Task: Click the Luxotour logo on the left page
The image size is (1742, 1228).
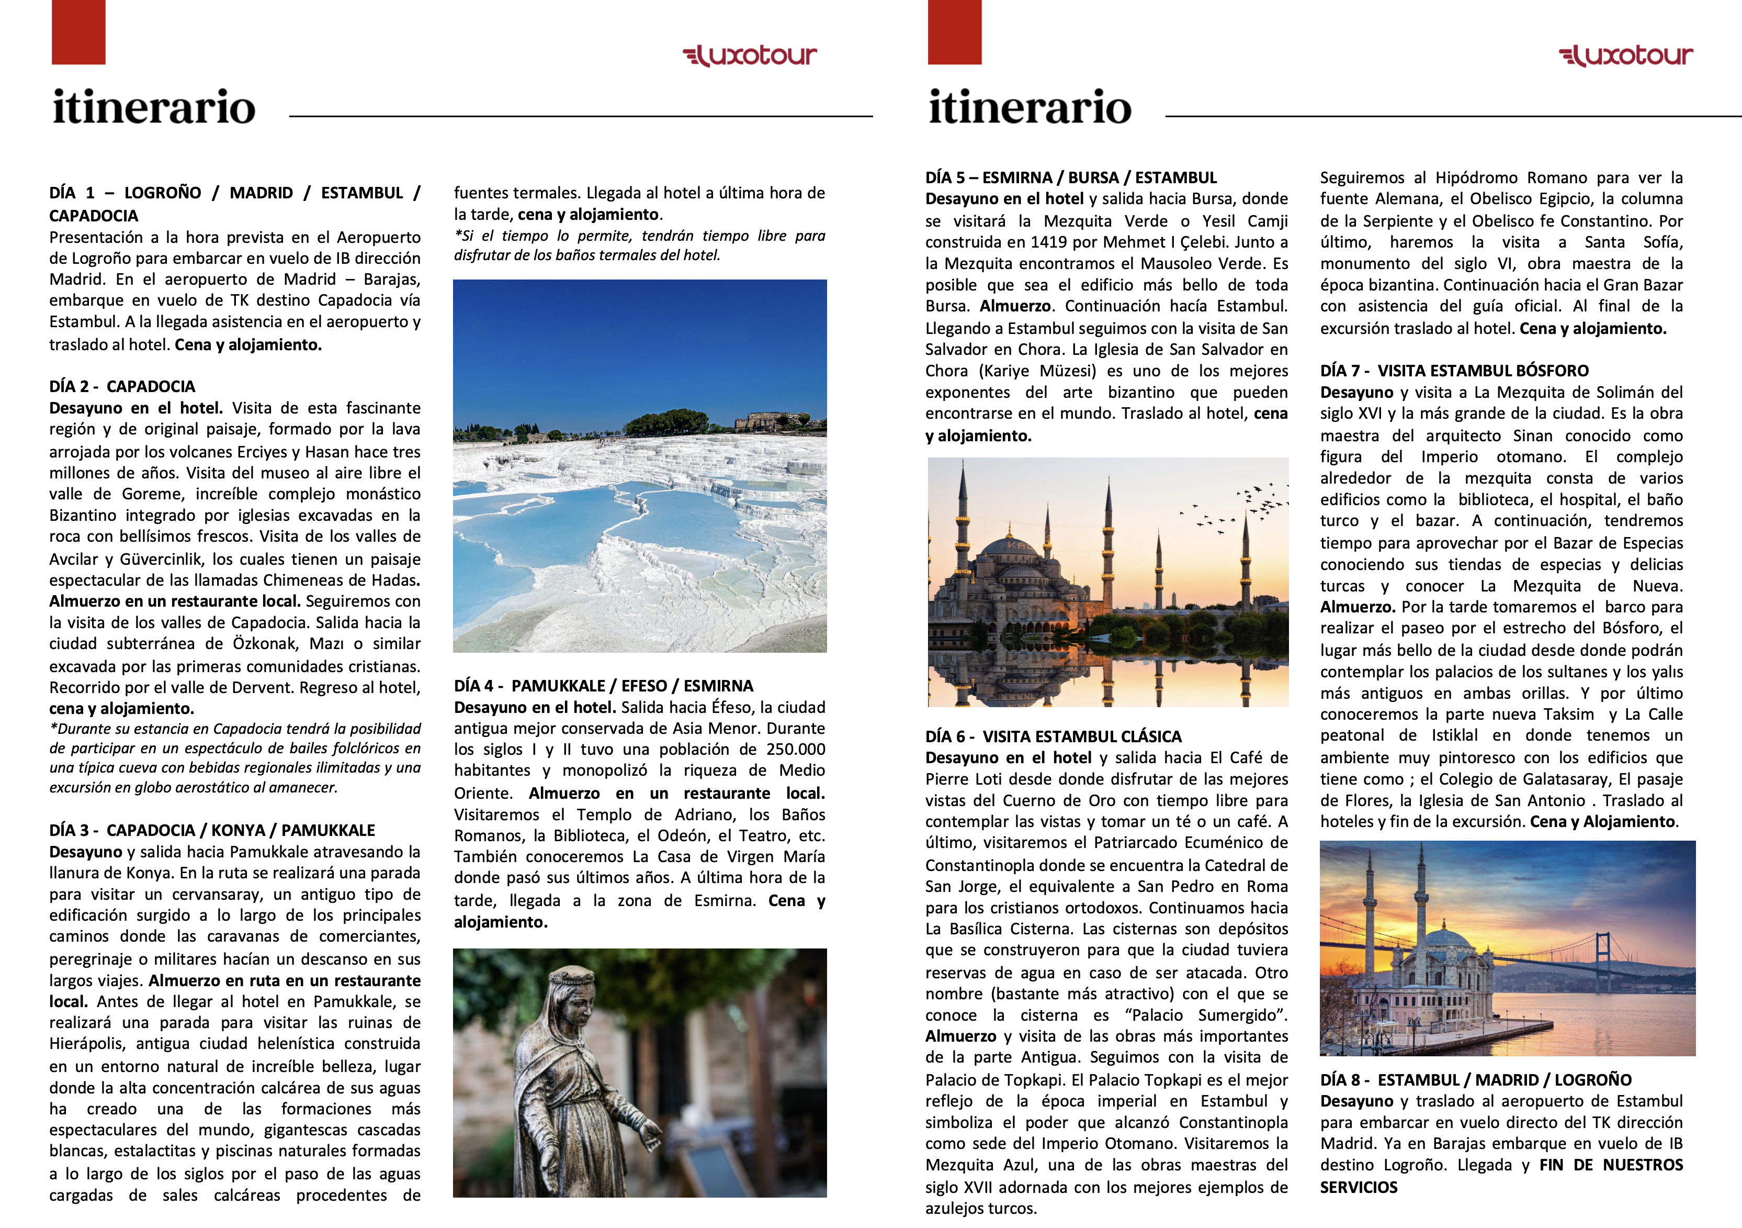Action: click(750, 55)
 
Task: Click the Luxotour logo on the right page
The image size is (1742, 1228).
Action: click(1625, 55)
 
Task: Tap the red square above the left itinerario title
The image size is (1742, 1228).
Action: click(78, 32)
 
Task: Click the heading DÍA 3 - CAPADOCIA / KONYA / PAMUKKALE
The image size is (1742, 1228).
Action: click(212, 830)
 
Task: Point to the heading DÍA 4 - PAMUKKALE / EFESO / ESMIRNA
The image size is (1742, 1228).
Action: click(603, 686)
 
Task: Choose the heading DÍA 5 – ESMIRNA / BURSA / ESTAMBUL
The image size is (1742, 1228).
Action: click(1070, 177)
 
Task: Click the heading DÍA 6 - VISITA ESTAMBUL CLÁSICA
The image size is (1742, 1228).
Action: click(1053, 736)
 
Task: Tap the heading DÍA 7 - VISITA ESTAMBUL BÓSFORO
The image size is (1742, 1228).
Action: click(1454, 371)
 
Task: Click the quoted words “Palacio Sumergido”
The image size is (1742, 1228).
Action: click(1206, 1015)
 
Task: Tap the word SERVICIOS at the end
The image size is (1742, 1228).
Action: click(1358, 1187)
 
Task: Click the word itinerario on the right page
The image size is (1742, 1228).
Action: click(1030, 108)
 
